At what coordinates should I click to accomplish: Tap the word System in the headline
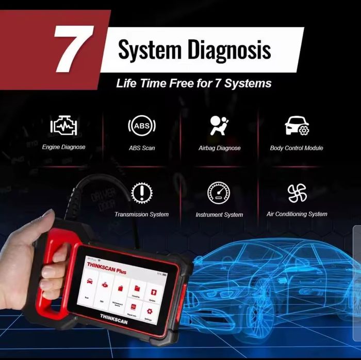pos(151,50)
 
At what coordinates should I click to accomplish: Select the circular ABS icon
pos(141,125)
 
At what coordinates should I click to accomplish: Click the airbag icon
pos(219,125)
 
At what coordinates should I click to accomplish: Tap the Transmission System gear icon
pos(141,193)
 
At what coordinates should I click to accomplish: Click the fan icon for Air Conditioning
pos(297,193)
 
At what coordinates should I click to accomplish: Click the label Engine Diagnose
pos(63,147)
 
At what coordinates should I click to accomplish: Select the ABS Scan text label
pos(141,148)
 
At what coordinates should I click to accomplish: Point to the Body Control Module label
pos(297,148)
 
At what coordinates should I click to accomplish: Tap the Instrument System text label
pos(219,214)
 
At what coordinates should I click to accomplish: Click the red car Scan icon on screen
pos(90,282)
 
